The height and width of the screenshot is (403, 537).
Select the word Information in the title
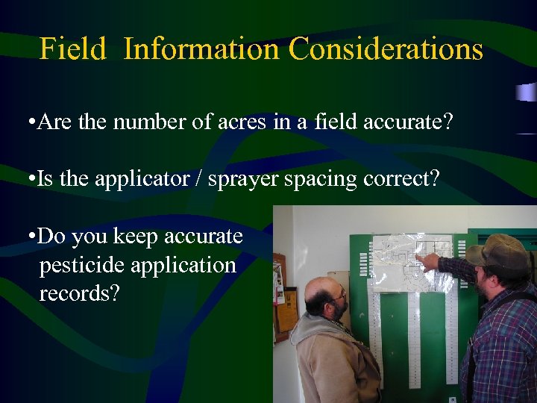click(x=201, y=49)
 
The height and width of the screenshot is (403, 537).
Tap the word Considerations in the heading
click(x=386, y=49)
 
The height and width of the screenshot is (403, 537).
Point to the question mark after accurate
click(x=448, y=122)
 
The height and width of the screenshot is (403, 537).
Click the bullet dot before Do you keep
click(x=28, y=237)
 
